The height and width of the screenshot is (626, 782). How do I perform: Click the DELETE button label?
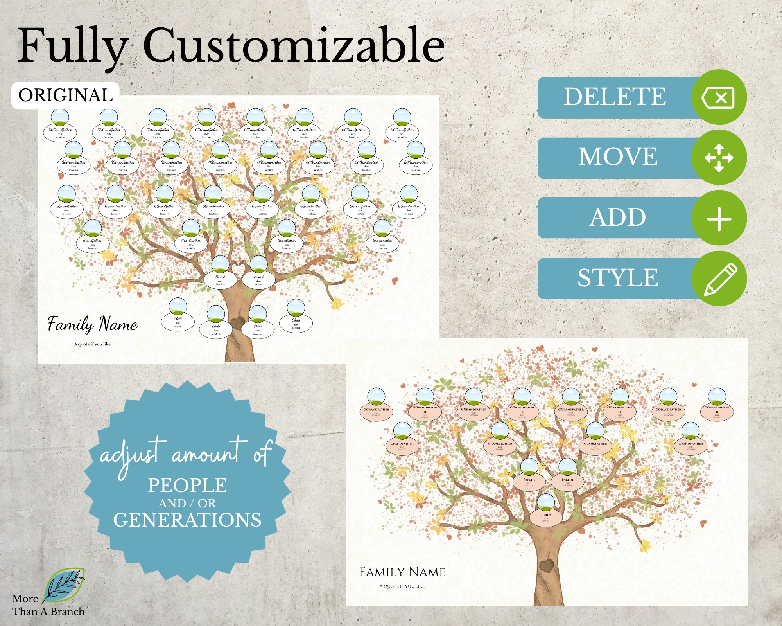(615, 97)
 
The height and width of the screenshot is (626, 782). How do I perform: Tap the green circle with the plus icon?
(719, 218)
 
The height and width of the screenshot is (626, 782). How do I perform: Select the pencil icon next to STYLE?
(719, 279)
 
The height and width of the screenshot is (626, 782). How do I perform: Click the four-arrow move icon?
(719, 158)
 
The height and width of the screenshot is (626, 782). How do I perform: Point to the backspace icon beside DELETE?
(719, 97)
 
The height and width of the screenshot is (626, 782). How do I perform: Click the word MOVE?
(618, 157)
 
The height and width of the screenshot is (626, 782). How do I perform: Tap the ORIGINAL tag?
(65, 95)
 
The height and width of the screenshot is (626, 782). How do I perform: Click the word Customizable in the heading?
(294, 46)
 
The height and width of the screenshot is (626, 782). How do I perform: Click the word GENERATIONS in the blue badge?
(187, 520)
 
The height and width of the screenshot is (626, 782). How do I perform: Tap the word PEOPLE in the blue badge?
(187, 486)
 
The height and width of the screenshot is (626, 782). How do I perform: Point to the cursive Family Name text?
(93, 324)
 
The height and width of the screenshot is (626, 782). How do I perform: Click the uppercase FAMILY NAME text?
(402, 572)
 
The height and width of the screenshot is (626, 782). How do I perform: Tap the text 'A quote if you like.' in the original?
(93, 344)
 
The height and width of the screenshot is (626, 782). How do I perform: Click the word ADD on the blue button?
(618, 218)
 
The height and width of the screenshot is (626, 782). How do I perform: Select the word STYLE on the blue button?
(618, 278)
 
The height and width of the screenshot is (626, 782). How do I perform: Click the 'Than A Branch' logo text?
(48, 612)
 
